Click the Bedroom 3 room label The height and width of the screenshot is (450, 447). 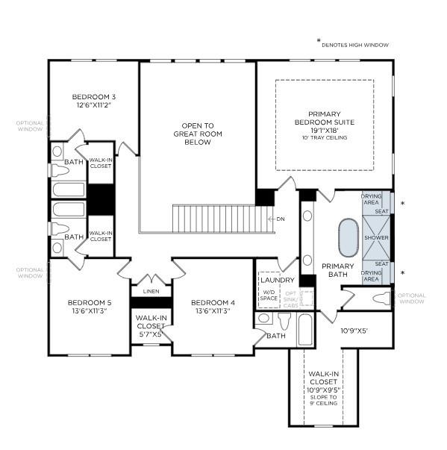94,97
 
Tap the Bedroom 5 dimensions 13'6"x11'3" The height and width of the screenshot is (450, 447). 89,311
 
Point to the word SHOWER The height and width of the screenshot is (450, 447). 377,238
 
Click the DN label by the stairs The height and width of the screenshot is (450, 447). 281,219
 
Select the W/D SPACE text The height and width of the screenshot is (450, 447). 269,295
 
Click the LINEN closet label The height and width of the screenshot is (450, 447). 151,291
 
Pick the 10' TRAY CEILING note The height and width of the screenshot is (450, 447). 324,138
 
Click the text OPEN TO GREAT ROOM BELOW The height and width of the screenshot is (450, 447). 198,134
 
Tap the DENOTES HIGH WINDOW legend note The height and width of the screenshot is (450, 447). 355,45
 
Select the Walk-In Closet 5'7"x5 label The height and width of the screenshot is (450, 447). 151,326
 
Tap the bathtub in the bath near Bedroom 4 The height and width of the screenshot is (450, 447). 305,331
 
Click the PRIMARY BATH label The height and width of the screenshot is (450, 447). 337,270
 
